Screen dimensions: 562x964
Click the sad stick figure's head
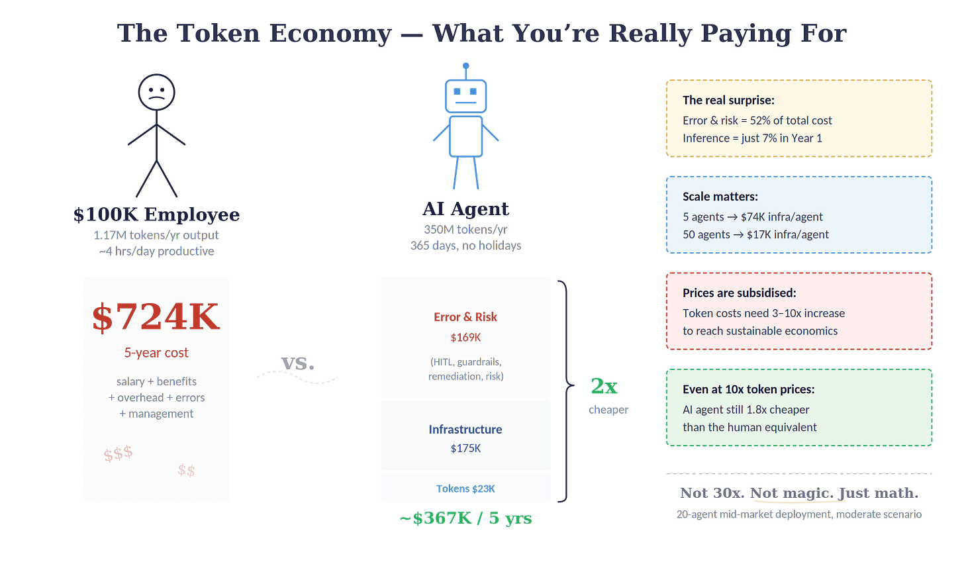click(x=156, y=92)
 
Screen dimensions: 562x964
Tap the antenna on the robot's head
click(x=465, y=67)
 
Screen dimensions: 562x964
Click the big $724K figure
click(x=156, y=317)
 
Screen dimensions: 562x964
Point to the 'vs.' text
click(x=297, y=363)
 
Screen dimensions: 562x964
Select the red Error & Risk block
click(x=465, y=337)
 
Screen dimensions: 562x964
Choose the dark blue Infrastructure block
click(x=465, y=436)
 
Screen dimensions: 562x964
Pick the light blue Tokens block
click(x=465, y=488)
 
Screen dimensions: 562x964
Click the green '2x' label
click(x=603, y=385)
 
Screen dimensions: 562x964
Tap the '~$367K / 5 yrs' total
click(x=465, y=518)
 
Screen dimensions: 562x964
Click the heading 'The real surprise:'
click(x=728, y=101)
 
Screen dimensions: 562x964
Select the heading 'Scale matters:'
click(x=720, y=197)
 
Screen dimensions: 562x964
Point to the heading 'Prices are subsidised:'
click(x=739, y=293)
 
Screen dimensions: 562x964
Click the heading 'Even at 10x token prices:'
click(x=748, y=389)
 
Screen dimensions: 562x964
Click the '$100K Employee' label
click(x=156, y=214)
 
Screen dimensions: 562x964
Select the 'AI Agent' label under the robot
click(x=465, y=209)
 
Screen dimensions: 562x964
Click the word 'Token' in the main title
click(x=218, y=33)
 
